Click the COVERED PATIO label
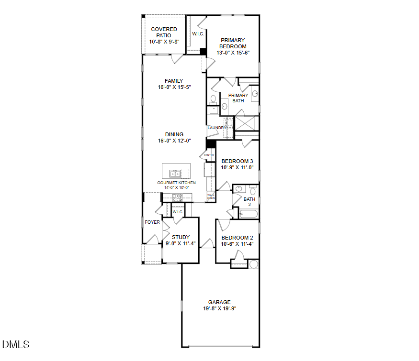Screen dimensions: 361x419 [164, 33]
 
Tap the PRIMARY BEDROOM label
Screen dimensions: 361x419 [233, 44]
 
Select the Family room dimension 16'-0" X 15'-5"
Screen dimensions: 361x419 [174, 88]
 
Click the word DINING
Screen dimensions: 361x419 [174, 134]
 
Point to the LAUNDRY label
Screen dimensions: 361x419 [216, 128]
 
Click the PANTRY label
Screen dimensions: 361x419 [209, 155]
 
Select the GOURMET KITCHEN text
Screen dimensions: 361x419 [176, 183]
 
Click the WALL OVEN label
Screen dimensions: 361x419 [211, 197]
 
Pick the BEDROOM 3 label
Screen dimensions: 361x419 [237, 161]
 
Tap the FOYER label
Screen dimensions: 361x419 [152, 222]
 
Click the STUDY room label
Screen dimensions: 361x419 [181, 237]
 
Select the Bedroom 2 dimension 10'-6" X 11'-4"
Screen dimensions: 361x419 [237, 244]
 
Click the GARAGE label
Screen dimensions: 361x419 [219, 302]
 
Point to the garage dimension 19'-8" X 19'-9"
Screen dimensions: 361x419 [219, 308]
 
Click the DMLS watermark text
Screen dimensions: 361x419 [16, 344]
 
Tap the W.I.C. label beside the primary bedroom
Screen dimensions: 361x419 [198, 34]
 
